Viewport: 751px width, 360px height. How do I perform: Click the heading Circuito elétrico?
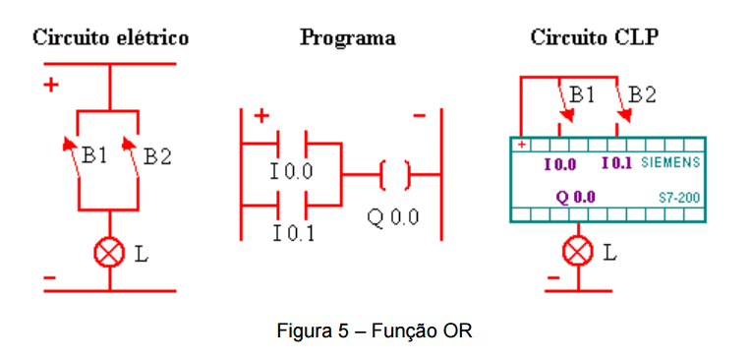tap(111, 38)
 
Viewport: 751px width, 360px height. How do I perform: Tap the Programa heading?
tap(348, 38)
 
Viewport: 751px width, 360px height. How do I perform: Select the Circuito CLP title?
tap(594, 38)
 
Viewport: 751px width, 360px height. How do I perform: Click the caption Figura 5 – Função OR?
tap(375, 331)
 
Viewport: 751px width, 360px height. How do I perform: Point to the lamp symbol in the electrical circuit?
tap(109, 253)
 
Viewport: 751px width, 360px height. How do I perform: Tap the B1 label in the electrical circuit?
tap(94, 155)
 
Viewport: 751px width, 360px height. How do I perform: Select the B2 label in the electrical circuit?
tap(157, 156)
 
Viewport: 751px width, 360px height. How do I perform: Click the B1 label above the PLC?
tap(582, 94)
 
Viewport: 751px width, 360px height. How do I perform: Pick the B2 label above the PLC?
tap(642, 94)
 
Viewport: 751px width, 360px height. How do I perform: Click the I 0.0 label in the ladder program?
tap(291, 171)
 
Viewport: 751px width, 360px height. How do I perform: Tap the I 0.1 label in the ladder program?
tap(294, 233)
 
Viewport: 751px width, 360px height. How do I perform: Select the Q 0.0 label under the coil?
tap(393, 218)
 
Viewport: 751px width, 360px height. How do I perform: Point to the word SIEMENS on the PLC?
tap(670, 162)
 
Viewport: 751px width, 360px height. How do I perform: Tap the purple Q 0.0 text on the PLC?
tap(575, 197)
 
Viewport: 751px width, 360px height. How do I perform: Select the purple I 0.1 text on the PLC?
tap(617, 163)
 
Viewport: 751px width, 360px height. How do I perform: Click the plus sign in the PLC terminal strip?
tap(522, 145)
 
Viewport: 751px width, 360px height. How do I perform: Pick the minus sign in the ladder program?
tap(419, 115)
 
